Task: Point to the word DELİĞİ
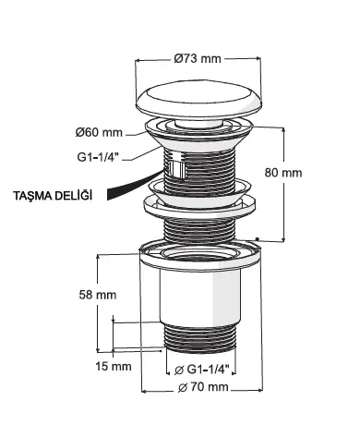click(x=74, y=196)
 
